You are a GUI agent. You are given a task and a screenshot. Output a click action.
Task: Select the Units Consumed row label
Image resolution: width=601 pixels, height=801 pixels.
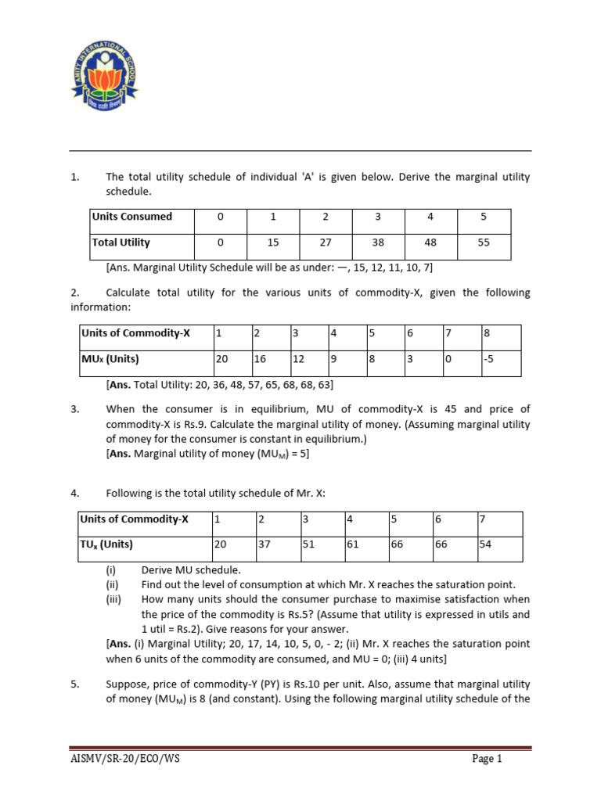[131, 217]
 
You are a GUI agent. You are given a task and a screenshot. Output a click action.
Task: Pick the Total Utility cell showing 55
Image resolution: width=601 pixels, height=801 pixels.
[484, 243]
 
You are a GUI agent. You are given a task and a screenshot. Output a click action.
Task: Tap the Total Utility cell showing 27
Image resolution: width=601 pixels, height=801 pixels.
[326, 243]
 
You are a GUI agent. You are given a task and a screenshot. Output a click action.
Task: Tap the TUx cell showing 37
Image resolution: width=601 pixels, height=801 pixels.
[264, 544]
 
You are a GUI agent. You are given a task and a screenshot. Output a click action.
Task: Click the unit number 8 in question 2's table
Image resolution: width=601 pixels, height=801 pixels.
[487, 333]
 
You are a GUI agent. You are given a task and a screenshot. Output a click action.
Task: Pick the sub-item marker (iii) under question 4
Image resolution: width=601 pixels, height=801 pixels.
[113, 600]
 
